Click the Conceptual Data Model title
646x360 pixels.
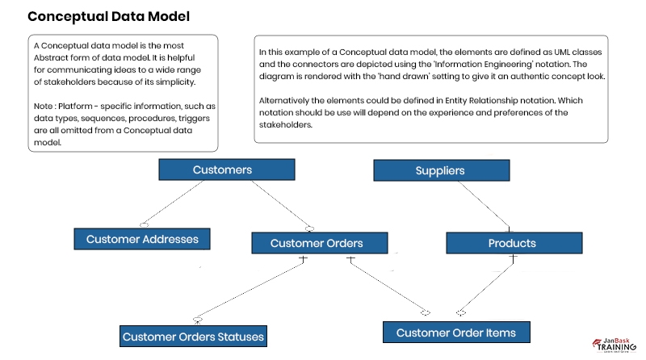(109, 16)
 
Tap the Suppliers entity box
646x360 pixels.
(440, 170)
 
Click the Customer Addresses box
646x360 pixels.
(142, 239)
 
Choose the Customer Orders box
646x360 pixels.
(316, 243)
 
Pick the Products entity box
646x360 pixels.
(512, 243)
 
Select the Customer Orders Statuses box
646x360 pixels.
(193, 336)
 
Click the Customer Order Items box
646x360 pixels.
(455, 332)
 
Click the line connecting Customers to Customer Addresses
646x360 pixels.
(174, 201)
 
